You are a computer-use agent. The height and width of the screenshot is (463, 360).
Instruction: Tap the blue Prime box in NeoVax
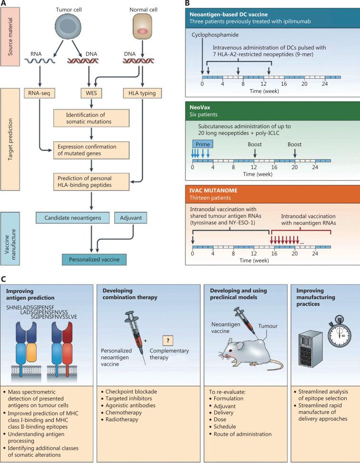[201, 143]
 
